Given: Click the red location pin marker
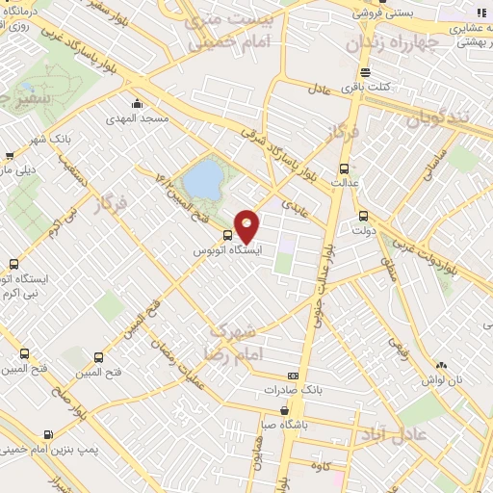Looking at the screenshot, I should pyautogui.click(x=247, y=225).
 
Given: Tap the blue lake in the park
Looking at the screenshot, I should pyautogui.click(x=202, y=178).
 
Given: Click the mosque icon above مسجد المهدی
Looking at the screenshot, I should pyautogui.click(x=138, y=103).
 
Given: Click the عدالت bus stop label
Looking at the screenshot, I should pyautogui.click(x=345, y=178).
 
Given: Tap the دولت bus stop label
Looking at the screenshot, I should pyautogui.click(x=363, y=231).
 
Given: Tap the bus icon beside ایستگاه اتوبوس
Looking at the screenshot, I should pyautogui.click(x=227, y=235).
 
